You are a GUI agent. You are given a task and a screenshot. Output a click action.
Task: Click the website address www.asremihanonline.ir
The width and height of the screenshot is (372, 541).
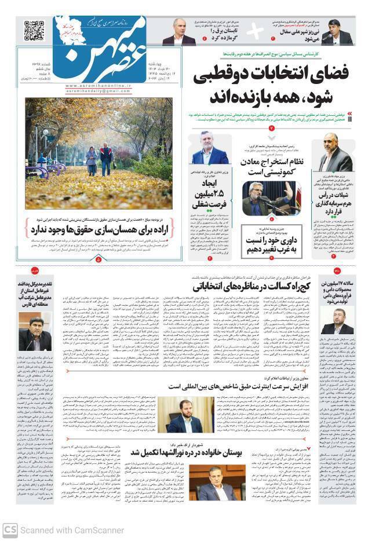click(x=92, y=84)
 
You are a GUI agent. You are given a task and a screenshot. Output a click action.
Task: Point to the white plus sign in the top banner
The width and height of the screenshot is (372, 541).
click(x=255, y=32)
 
